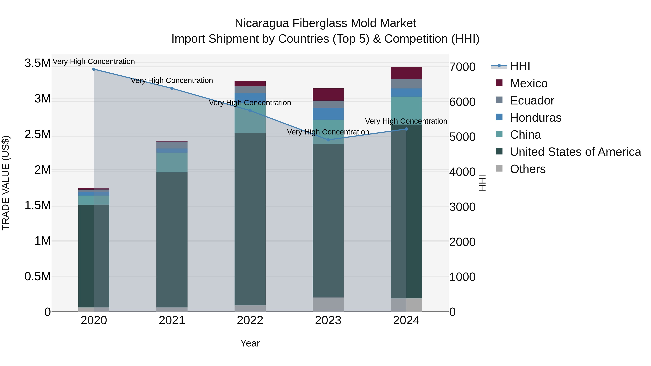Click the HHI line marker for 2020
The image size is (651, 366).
pyautogui.click(x=94, y=69)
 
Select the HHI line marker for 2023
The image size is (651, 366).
pyautogui.click(x=328, y=140)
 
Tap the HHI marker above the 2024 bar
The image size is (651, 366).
pyautogui.click(x=406, y=129)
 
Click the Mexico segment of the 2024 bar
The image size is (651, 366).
pyautogui.click(x=406, y=73)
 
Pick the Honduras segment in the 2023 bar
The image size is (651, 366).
pyautogui.click(x=328, y=114)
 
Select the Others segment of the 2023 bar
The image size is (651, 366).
pyautogui.click(x=328, y=305)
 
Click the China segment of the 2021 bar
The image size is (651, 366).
pyautogui.click(x=172, y=162)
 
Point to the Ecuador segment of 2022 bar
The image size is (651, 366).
pyautogui.click(x=250, y=90)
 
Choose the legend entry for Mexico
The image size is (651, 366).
pyautogui.click(x=528, y=83)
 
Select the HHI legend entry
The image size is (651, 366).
pyautogui.click(x=520, y=66)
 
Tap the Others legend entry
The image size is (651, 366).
pyautogui.click(x=527, y=169)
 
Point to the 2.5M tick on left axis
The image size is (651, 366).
pyautogui.click(x=38, y=134)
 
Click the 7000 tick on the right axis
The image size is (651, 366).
pyautogui.click(x=462, y=67)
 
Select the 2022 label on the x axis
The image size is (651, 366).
pyautogui.click(x=250, y=320)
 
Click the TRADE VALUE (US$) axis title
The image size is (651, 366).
pyautogui.click(x=6, y=183)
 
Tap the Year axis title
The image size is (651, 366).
pyautogui.click(x=250, y=343)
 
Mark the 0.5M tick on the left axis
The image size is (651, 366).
pyautogui.click(x=38, y=277)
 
